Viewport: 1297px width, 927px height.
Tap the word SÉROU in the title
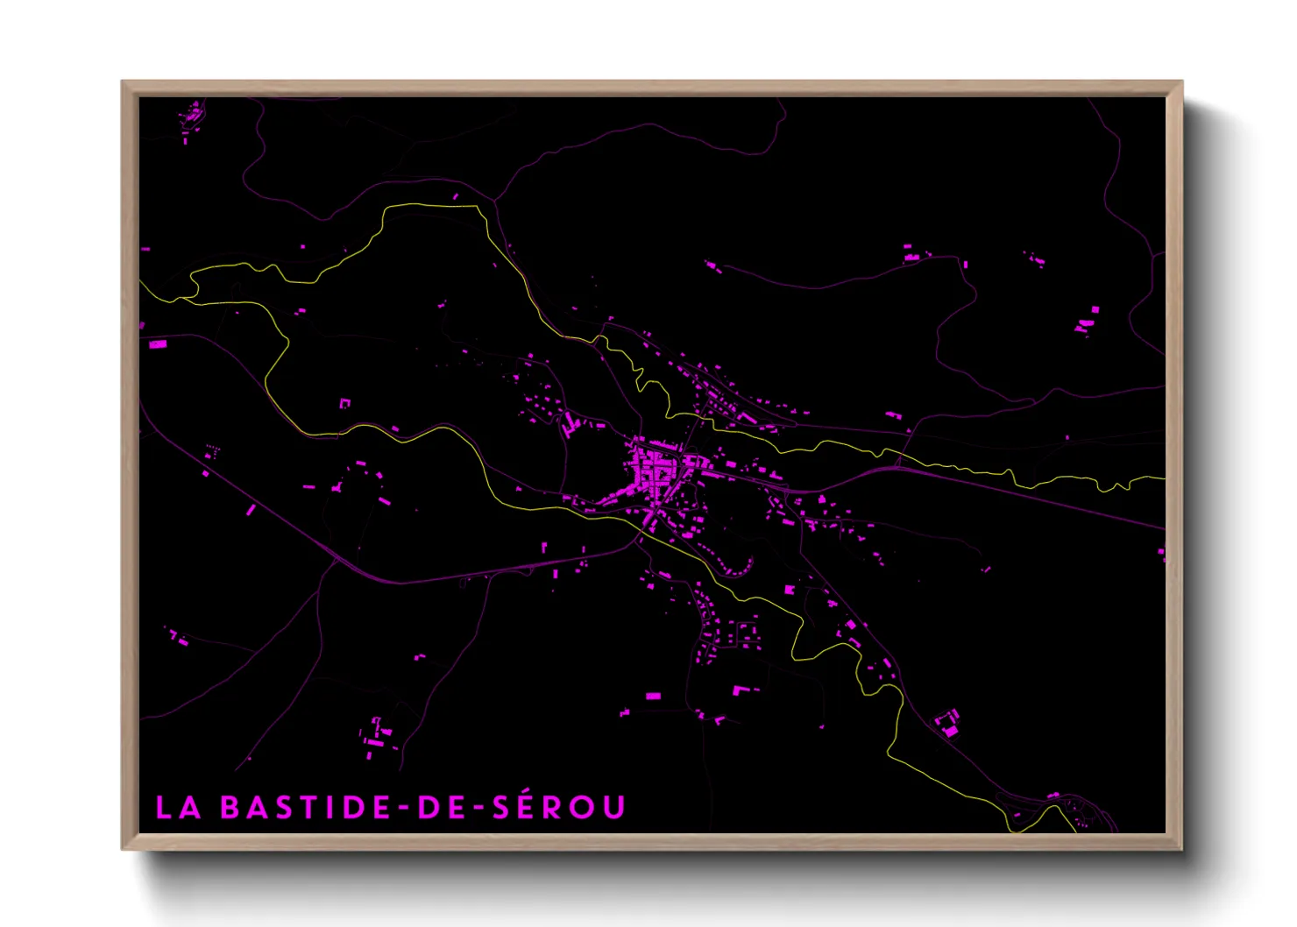pos(558,807)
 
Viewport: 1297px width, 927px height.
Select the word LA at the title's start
pos(178,808)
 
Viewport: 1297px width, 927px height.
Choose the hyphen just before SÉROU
pos(477,809)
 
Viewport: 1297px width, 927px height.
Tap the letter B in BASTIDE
pos(230,808)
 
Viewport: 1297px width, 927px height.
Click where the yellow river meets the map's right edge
pos(1164,478)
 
